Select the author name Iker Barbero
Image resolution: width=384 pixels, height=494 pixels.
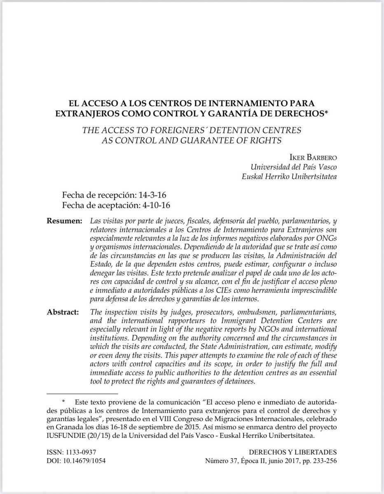[x=317, y=158]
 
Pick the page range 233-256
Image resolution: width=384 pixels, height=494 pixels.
[x=324, y=461]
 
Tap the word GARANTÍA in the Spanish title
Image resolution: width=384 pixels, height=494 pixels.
[x=251, y=112]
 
